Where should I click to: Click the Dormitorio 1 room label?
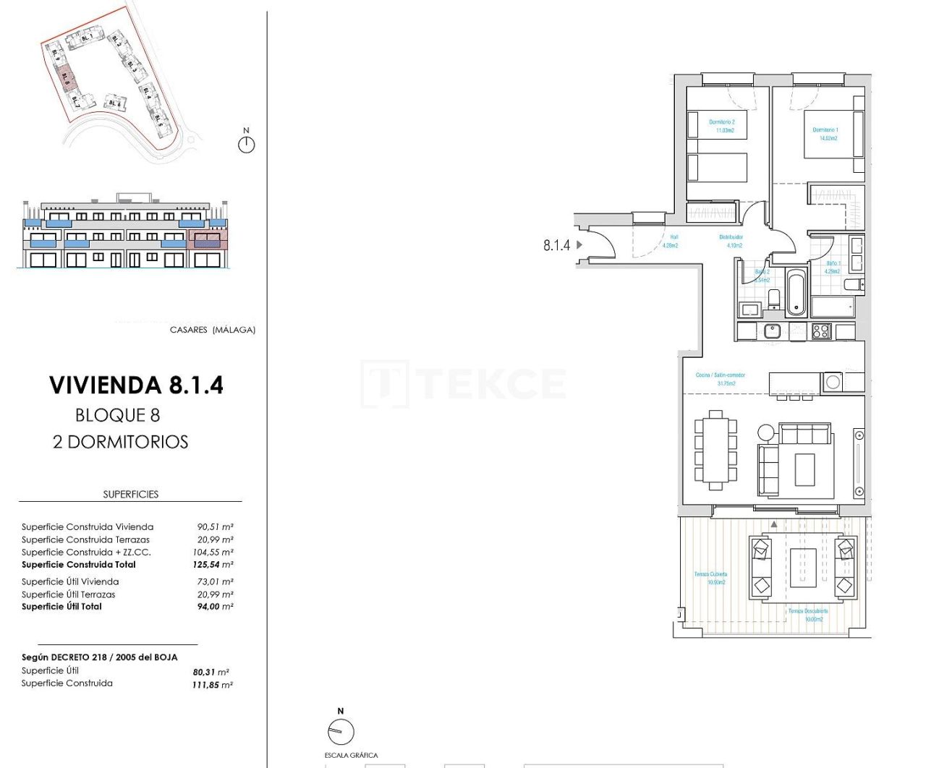825,134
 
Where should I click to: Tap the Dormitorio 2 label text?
722,126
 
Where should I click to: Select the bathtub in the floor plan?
796,293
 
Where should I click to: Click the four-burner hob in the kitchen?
821,331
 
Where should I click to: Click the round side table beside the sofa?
766,432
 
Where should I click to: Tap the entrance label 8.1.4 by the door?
556,245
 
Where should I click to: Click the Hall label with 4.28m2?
671,241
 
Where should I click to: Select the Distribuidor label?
731,241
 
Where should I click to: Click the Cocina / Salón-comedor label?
720,379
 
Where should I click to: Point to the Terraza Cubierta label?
710,578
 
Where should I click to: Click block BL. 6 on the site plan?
114,103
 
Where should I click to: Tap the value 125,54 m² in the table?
213,565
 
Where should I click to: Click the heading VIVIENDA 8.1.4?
136,385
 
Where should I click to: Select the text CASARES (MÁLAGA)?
212,330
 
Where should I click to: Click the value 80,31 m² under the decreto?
211,672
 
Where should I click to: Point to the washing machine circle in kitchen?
833,382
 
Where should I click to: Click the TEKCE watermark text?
463,383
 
